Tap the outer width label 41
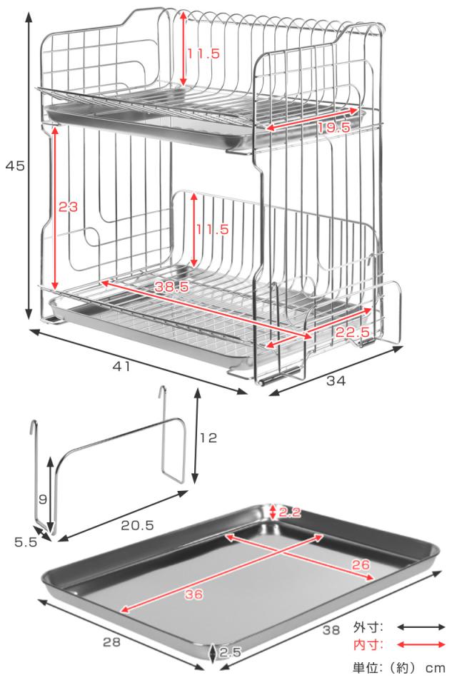click(121, 366)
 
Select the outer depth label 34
click(336, 382)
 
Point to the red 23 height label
click(68, 208)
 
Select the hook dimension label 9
click(42, 499)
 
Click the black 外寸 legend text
click(368, 628)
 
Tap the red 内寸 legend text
click(368, 645)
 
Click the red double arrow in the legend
click(421, 645)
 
